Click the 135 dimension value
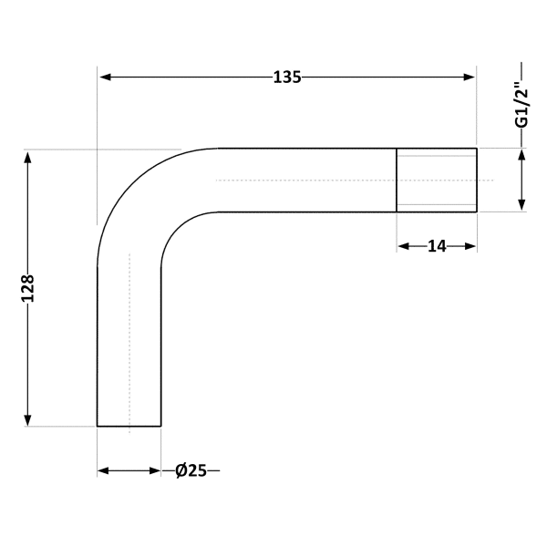click(x=287, y=77)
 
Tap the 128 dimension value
click(x=28, y=288)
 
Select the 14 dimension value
click(x=437, y=247)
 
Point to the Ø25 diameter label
click(x=191, y=470)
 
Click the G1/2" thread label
click(x=521, y=108)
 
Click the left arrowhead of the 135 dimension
click(x=106, y=77)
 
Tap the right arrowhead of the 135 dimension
click(x=470, y=77)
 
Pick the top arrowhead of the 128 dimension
click(x=28, y=157)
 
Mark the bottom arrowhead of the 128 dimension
click(x=28, y=420)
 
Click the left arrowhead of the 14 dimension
click(x=404, y=247)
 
